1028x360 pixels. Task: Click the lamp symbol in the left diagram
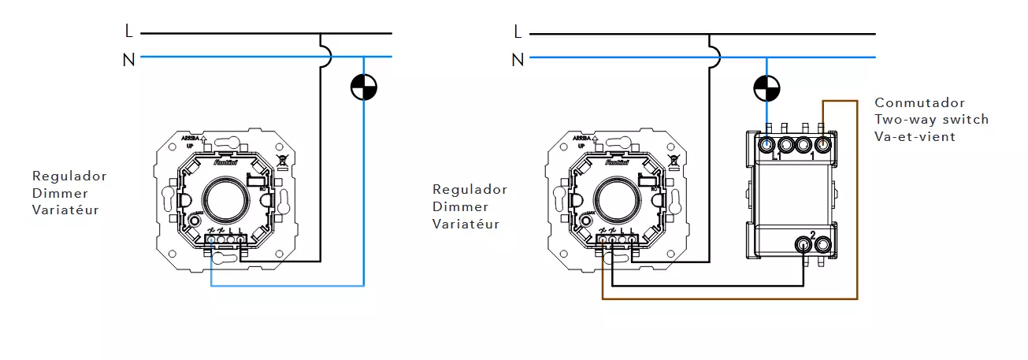click(x=363, y=87)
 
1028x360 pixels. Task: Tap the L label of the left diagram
click(x=129, y=32)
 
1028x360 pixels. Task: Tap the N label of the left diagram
click(x=129, y=59)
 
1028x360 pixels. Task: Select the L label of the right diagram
click(x=518, y=32)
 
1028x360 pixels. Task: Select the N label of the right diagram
click(x=518, y=59)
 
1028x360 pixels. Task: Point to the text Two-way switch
click(x=931, y=120)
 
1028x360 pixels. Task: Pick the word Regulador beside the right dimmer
click(x=469, y=190)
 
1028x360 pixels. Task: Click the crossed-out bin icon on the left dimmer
click(x=281, y=163)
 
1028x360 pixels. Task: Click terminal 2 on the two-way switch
click(x=803, y=245)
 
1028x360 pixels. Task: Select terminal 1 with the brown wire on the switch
click(x=823, y=145)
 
